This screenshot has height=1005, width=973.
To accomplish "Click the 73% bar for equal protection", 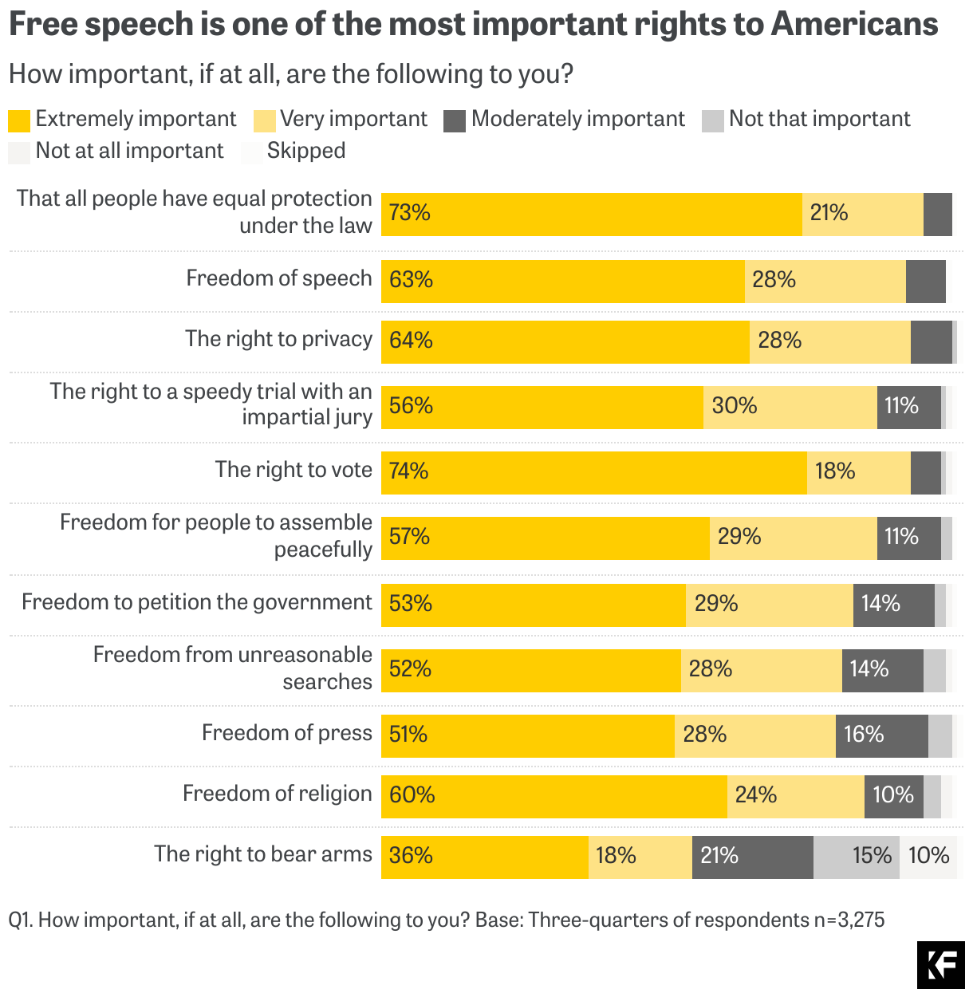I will (x=591, y=214).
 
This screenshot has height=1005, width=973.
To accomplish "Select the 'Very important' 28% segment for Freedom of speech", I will (x=825, y=281).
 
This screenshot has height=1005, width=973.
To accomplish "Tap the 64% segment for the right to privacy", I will (x=565, y=341).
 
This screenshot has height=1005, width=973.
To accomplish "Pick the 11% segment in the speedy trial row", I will (x=908, y=407).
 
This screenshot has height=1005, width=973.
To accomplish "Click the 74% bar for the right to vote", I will (x=593, y=472).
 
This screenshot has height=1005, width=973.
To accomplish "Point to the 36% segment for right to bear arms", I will (x=484, y=857).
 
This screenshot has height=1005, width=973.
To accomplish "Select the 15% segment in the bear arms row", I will (x=856, y=857).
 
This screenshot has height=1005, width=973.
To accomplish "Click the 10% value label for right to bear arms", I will (x=928, y=856).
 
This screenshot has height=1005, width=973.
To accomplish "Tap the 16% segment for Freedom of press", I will (x=881, y=735).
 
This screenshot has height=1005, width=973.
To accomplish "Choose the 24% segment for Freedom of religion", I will (x=795, y=796).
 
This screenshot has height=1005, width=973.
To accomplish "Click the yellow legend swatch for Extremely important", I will (x=19, y=120).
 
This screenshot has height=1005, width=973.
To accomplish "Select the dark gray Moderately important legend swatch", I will (x=454, y=120).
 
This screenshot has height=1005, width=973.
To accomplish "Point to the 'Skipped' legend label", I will (x=306, y=151).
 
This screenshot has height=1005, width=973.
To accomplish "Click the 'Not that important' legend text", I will (x=819, y=119).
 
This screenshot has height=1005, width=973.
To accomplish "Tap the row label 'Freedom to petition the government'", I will (x=197, y=602).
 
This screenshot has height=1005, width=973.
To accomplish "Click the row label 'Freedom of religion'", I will (x=278, y=794).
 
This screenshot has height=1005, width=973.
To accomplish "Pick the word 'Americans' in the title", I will (x=853, y=25).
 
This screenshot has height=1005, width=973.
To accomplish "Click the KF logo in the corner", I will (x=940, y=964).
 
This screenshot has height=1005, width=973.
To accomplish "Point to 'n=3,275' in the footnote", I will (x=849, y=920).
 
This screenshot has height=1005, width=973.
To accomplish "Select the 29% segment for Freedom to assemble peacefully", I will (x=793, y=538).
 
